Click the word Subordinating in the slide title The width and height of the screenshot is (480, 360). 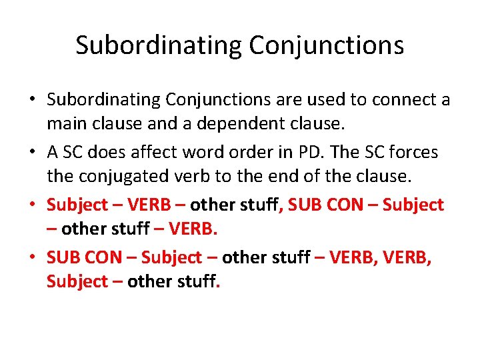tap(158, 45)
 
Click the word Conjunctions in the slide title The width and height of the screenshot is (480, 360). tap(327, 45)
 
